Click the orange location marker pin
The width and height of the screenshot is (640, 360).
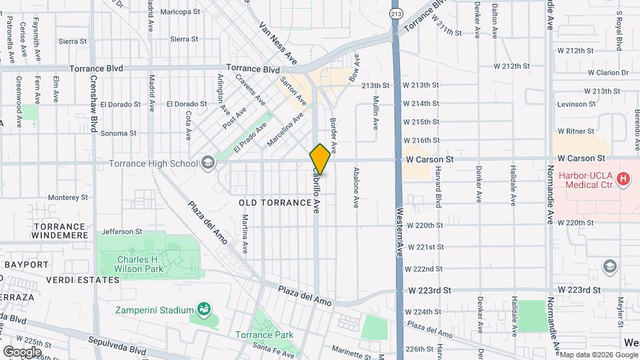click(320, 159)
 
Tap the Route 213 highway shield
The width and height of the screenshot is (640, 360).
click(397, 13)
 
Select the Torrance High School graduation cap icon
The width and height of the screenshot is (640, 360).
click(208, 163)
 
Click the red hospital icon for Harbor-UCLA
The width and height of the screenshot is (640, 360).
click(623, 179)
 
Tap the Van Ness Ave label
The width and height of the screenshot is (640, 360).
click(278, 43)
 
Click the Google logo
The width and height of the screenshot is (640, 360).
click(22, 351)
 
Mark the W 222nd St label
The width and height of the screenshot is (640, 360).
click(424, 269)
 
